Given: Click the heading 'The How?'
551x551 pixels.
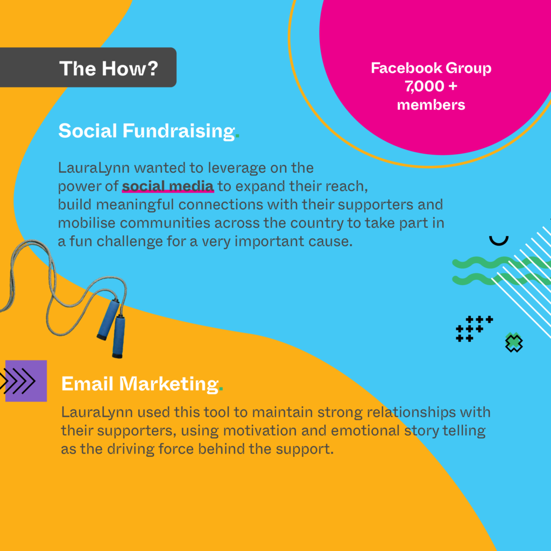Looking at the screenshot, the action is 109,68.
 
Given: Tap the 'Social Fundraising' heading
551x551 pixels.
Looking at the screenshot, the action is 146,131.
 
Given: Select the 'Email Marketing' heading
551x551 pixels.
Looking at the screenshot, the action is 140,384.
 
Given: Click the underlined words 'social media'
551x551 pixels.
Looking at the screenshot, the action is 168,186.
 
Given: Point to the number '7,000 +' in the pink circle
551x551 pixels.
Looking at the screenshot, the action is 431,87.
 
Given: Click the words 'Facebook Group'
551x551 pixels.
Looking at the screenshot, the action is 431,68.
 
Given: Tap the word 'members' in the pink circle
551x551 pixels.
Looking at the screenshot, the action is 431,105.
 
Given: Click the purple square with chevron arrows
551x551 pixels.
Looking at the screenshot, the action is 26,381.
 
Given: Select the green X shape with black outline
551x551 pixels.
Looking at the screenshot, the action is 514,343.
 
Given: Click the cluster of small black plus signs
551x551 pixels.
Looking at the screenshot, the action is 474,329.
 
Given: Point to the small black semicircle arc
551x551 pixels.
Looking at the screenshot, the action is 499,242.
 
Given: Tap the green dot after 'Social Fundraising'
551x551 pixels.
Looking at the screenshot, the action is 237,137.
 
